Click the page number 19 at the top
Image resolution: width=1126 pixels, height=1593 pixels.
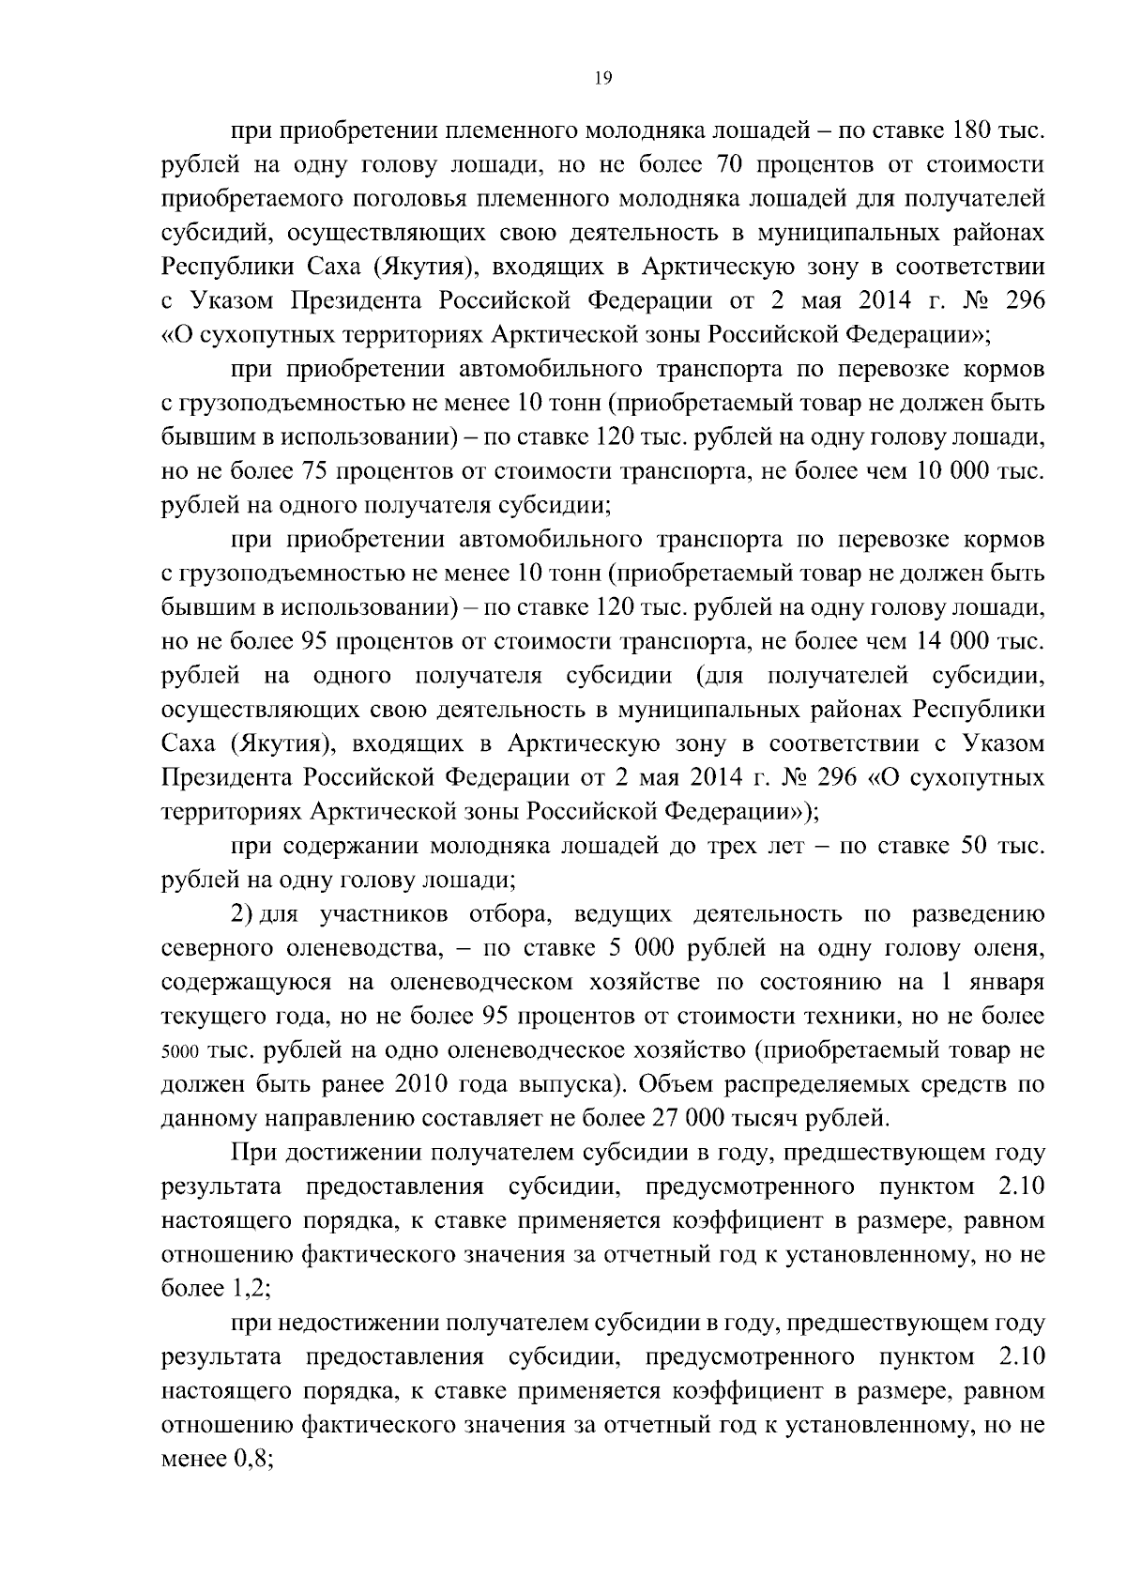602,79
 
